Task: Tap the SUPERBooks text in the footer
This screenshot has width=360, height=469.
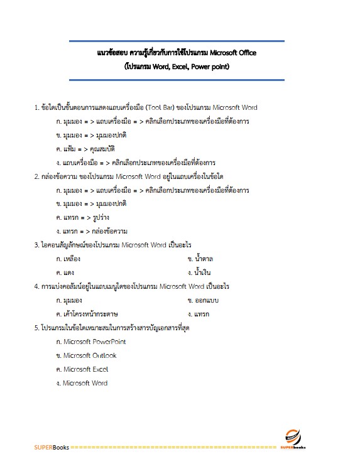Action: point(52,447)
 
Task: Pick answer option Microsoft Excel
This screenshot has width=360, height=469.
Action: point(85,369)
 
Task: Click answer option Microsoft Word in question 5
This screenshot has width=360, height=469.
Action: point(85,383)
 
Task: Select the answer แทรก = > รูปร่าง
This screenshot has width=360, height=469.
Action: point(81,217)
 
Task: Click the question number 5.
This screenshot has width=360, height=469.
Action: point(36,328)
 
